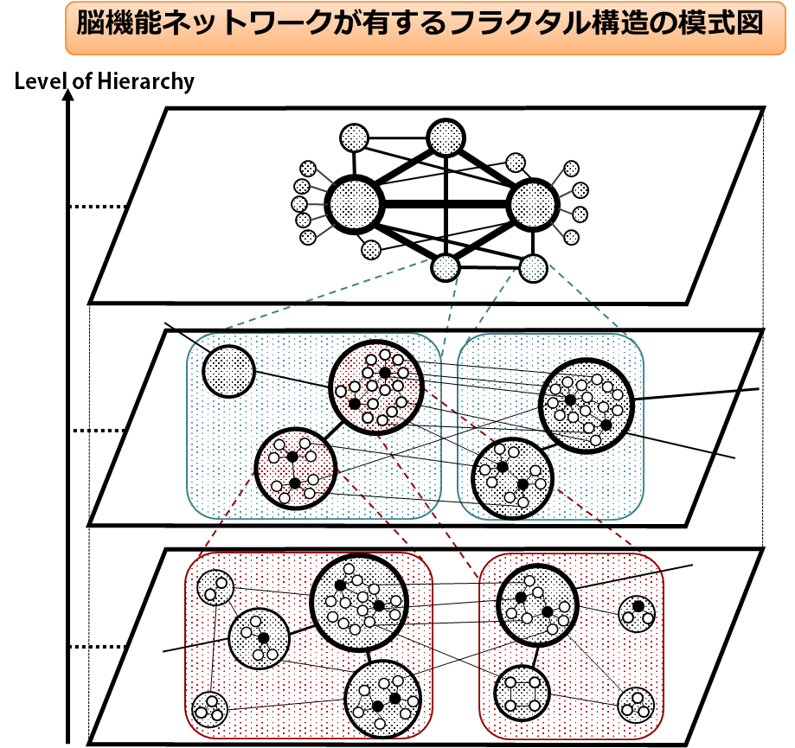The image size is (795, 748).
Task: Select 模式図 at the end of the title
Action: point(725,23)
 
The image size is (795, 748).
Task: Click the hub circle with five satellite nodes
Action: point(355,205)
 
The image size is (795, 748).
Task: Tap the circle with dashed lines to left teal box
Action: point(446,267)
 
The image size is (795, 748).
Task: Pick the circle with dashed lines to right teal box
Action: point(533,268)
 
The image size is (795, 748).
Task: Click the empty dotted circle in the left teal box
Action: point(228,371)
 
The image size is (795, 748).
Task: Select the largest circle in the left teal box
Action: point(376,387)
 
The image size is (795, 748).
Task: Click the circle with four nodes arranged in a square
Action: point(523,694)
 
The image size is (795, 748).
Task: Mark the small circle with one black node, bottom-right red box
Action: point(638,613)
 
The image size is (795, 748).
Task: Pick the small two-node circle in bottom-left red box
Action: point(215,588)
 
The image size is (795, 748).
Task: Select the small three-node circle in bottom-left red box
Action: point(209,710)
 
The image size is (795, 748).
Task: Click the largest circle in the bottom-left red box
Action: point(358,603)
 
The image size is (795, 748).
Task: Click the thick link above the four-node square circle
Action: point(533,655)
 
